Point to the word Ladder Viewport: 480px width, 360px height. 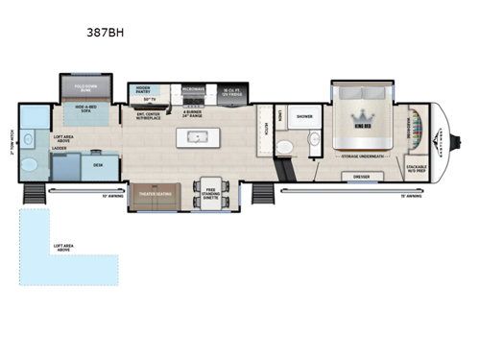point(60,149)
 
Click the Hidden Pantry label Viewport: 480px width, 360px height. point(150,89)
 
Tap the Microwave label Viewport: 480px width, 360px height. point(191,89)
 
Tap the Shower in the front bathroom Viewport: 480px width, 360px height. point(305,118)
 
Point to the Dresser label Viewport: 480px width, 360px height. point(362,177)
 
